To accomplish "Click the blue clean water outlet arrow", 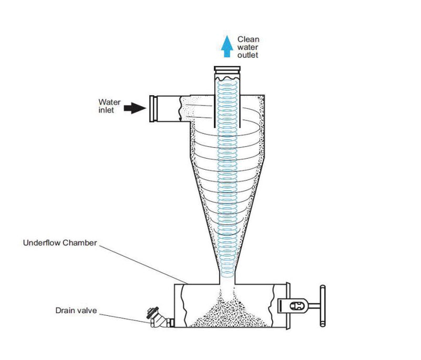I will coord(227,46).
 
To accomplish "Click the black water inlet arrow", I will coord(134,108).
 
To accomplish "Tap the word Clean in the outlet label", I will coord(248,39).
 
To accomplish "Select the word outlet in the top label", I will coord(248,55).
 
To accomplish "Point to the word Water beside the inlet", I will coord(109,101).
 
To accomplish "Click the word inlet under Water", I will coord(106,110).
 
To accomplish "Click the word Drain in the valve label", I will coord(65,310).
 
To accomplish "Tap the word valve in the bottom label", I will coord(87,310).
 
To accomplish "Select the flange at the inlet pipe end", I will coord(155,108).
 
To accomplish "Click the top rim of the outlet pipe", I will coord(227,67).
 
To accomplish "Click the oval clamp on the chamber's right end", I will coord(295,305).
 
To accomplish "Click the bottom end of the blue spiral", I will coord(227,275).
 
